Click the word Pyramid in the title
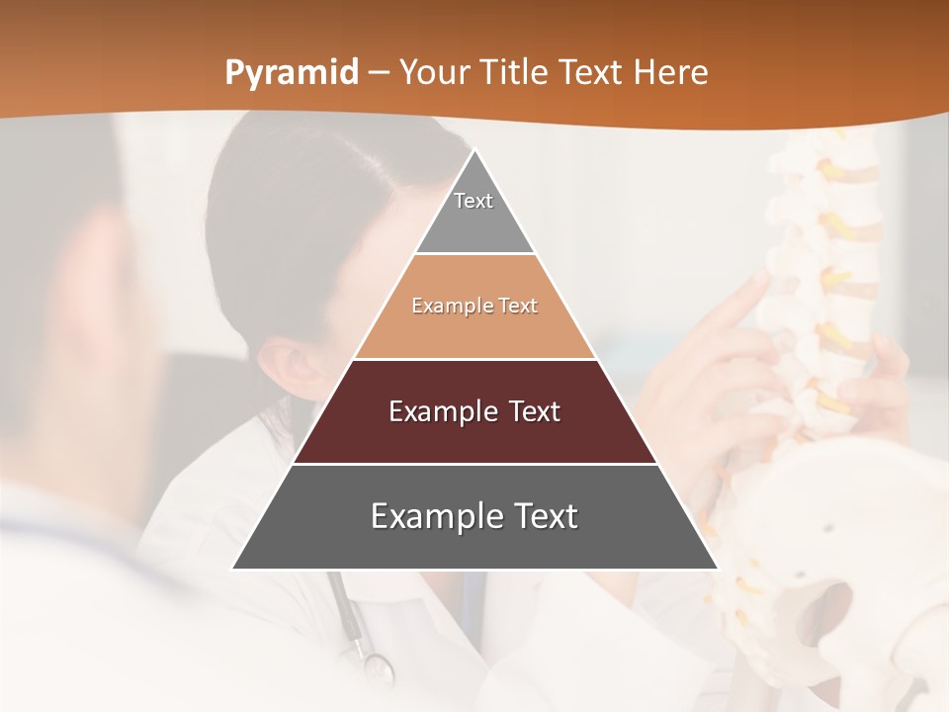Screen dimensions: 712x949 (x=291, y=72)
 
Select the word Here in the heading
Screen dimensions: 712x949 (x=670, y=72)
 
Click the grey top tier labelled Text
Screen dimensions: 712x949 (x=474, y=213)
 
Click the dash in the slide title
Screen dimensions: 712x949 (x=379, y=73)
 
